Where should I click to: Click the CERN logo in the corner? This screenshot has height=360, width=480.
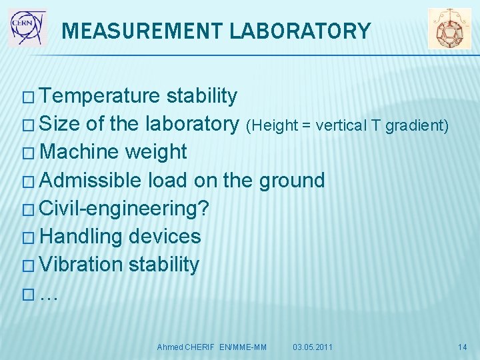27,27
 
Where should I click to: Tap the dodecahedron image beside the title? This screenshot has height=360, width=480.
449,29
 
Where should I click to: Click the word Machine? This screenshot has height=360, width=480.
79,152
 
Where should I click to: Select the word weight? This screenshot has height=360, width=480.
156,153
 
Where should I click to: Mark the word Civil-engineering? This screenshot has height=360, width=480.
124,209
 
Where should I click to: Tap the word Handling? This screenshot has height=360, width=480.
81,237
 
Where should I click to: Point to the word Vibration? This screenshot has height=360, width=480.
81,265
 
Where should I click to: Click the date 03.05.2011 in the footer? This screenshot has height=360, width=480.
313,347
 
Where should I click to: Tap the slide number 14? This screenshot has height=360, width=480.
463,347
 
